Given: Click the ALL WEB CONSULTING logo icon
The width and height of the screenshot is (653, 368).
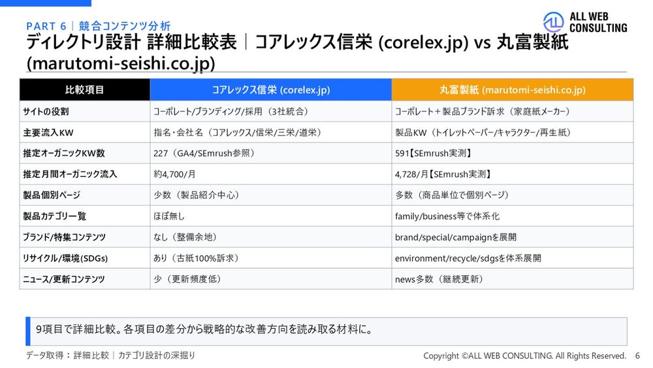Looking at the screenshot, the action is [554, 22].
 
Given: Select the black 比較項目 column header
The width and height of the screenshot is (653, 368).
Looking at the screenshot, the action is [84, 90].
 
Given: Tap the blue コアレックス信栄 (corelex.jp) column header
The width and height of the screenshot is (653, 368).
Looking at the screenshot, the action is [271, 90].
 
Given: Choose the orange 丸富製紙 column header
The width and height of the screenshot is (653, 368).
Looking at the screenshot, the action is [512, 90].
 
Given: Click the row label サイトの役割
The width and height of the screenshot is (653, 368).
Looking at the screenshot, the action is [46, 112].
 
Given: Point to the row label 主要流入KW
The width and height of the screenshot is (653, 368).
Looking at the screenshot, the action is [48, 133].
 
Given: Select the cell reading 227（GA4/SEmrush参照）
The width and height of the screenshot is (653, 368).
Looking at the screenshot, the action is [204, 154].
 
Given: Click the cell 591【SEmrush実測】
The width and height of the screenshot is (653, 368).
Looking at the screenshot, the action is [433, 154].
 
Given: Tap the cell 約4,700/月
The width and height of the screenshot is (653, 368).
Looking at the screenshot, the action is [174, 175].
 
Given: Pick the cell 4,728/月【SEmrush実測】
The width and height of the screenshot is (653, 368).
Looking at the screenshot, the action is [443, 175].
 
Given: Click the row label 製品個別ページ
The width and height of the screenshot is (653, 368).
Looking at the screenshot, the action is [52, 195].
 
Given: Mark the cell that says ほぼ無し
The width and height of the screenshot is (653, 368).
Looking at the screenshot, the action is [168, 216].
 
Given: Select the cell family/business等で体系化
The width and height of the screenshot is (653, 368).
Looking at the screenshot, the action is [447, 216].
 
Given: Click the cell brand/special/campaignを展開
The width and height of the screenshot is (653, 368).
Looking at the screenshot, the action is [456, 237].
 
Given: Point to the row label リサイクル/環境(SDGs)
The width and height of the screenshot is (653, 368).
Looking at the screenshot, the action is [65, 258].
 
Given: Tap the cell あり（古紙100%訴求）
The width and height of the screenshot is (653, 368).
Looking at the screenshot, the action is [196, 258].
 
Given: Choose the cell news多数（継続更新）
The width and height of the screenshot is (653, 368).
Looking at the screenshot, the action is [439, 279].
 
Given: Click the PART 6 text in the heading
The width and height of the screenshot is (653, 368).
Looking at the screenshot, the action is [46, 26].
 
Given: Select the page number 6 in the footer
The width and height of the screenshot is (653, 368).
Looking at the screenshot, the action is [637, 356].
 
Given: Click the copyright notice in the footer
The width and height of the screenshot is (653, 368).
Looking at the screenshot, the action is [525, 356].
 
